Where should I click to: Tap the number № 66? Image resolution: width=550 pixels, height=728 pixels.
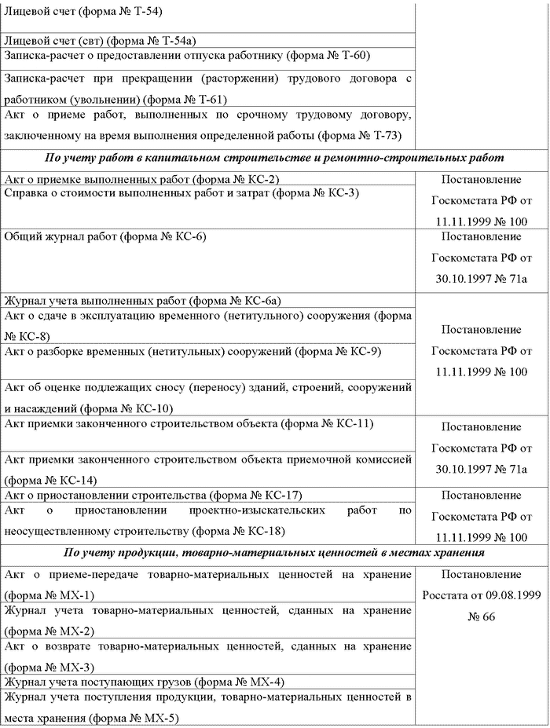coord(481,617)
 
